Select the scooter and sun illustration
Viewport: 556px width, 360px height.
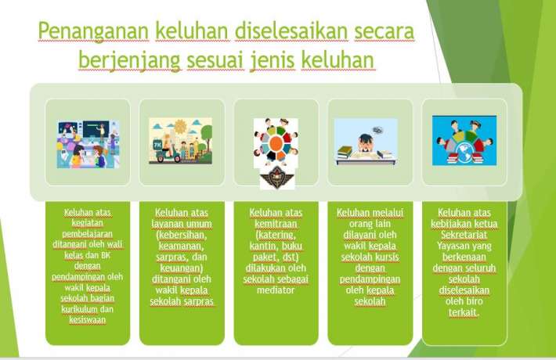tap(180, 141)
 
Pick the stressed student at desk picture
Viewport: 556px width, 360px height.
tap(366, 142)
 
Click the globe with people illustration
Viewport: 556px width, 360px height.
tap(464, 141)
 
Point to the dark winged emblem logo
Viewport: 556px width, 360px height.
tap(277, 177)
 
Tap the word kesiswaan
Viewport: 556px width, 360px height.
tap(86, 319)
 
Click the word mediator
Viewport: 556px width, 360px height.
tap(276, 289)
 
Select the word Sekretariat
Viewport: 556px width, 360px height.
tap(464, 232)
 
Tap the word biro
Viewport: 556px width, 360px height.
tap(478, 299)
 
